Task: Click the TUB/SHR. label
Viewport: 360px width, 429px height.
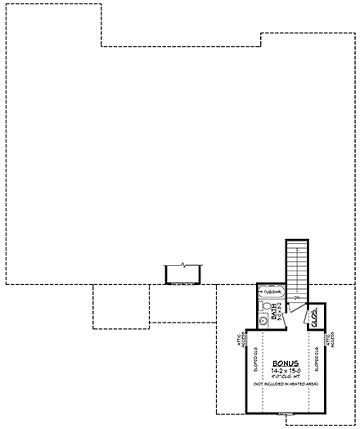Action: pyautogui.click(x=272, y=291)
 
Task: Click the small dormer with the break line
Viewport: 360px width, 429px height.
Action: pyautogui.click(x=184, y=273)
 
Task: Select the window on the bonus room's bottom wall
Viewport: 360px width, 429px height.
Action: pyautogui.click(x=284, y=414)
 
